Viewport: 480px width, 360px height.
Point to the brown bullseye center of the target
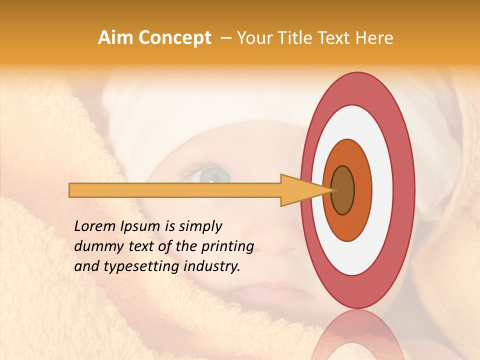343,190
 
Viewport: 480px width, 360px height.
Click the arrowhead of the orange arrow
300,190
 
